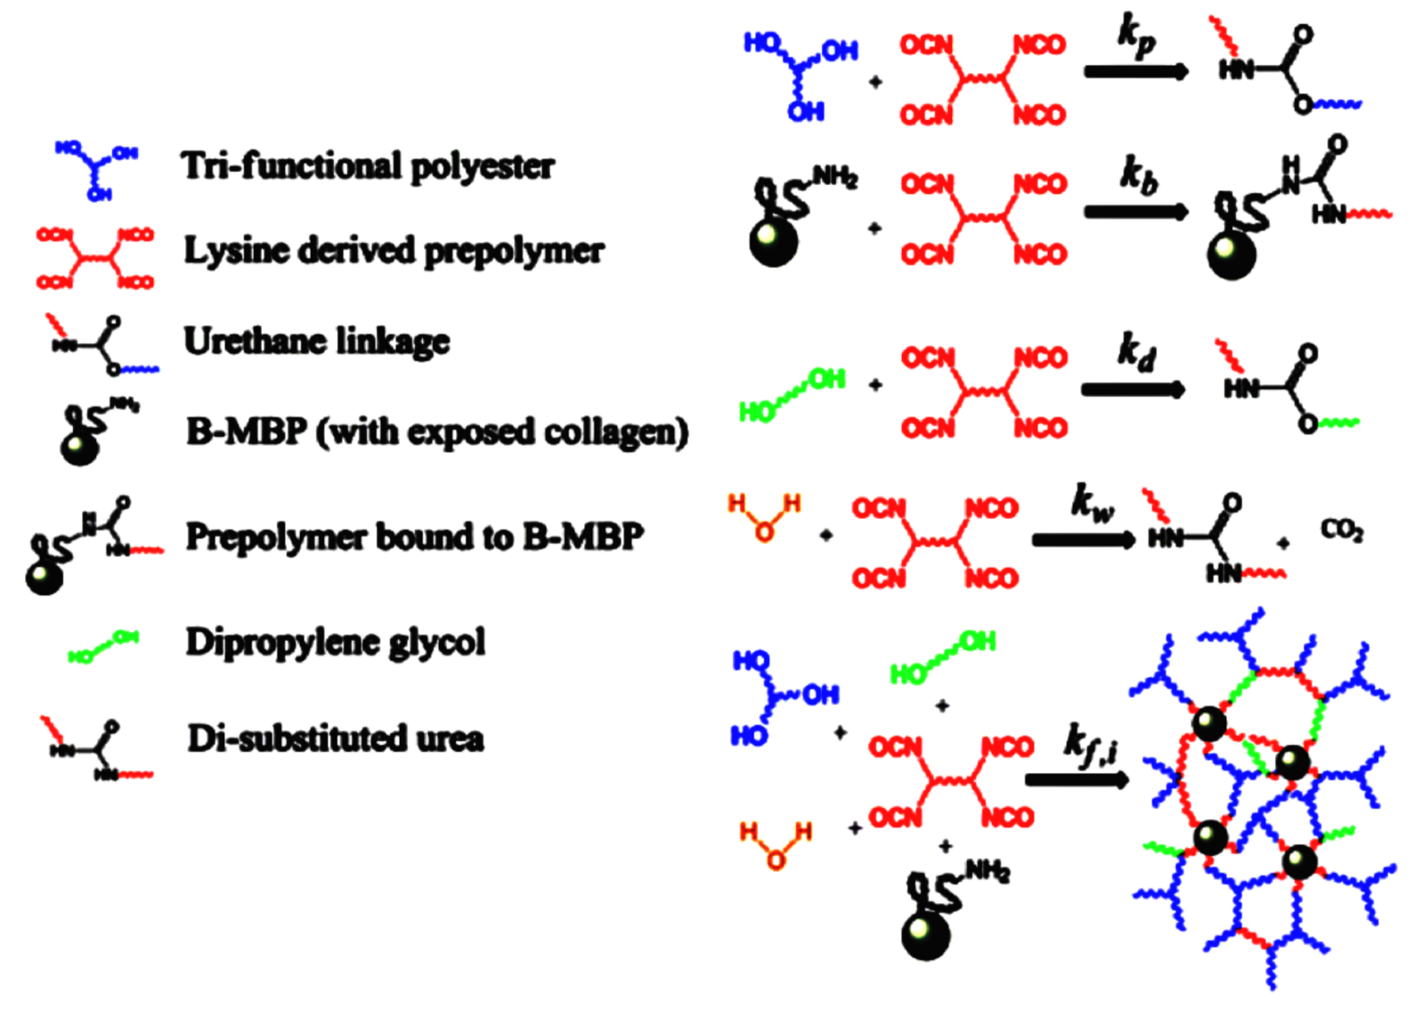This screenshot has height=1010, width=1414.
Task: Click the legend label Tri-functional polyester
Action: point(368,166)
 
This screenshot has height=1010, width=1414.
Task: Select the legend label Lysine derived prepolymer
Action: point(394,251)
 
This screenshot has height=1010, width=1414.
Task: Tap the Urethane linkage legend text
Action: point(316,342)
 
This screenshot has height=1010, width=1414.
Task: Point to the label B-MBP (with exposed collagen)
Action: point(436,432)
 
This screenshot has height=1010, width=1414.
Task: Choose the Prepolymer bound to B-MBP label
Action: point(414,537)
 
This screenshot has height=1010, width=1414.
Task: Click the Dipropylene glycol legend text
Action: point(335,642)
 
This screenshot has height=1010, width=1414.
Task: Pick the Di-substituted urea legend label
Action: point(335,739)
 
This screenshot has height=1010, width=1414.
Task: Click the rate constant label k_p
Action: point(1136,37)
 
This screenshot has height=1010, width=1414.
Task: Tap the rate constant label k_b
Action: point(1138,174)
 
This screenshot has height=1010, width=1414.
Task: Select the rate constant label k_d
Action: point(1136,351)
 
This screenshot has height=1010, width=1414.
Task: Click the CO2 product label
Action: point(1342,531)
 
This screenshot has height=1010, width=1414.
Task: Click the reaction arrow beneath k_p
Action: point(1135,72)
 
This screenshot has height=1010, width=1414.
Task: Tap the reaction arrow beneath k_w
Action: point(1083,539)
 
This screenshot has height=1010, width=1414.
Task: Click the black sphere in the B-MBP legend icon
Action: point(78,447)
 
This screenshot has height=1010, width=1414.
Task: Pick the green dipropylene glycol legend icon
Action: point(103,647)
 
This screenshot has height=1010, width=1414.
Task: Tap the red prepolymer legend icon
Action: point(95,259)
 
